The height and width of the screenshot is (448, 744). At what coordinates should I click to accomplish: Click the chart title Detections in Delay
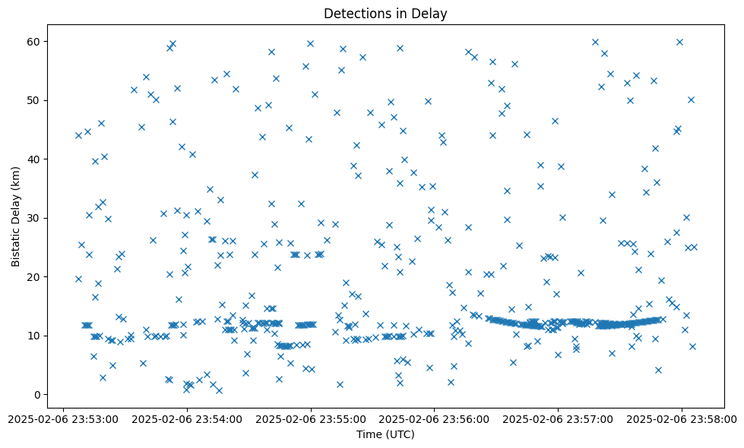(385, 13)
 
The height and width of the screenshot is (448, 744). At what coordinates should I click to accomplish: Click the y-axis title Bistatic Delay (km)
(16, 206)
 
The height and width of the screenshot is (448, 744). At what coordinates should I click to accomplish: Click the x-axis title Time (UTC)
(385, 434)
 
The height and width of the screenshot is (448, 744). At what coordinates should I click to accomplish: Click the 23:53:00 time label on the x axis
(63, 418)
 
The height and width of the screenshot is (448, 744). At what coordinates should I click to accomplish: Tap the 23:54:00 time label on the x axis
(187, 418)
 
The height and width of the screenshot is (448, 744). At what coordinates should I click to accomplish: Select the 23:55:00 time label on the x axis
(311, 418)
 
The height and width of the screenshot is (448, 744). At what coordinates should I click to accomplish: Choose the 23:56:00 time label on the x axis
(434, 418)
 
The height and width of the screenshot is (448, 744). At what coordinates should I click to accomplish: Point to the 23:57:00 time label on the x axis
(558, 418)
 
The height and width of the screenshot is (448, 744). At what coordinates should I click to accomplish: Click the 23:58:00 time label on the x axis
(681, 418)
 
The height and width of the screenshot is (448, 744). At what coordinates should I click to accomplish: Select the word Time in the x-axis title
(369, 434)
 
